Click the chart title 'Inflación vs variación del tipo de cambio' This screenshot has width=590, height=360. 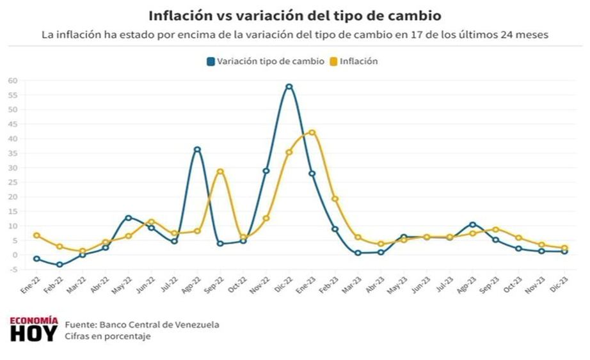coord(294,16)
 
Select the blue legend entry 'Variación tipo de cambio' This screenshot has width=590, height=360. coord(266,61)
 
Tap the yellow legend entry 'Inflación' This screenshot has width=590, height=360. coord(354,61)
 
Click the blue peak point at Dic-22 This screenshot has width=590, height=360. coord(289,86)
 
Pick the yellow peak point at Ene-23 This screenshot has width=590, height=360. coord(312,132)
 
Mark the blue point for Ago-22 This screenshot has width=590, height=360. coord(197,150)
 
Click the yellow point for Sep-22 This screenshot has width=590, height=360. coord(221,171)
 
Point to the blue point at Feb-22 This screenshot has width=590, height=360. coord(60,265)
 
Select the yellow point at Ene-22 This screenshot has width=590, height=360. coord(36,235)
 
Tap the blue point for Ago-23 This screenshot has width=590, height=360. coord(473,224)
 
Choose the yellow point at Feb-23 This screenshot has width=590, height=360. coord(335,199)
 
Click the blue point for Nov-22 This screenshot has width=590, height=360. coord(266,171)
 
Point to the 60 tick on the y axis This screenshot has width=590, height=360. coord(13,81)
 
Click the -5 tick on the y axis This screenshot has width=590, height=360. coord(13,269)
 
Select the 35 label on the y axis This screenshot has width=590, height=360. coord(13,153)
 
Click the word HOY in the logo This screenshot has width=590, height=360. coord(34,333)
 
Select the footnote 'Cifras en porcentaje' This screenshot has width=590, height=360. coord(108,336)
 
